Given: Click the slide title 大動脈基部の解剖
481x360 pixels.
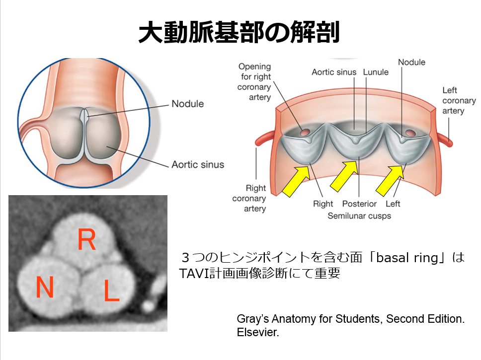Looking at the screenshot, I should point(239,32).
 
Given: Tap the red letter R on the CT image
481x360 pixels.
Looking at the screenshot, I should point(87,241).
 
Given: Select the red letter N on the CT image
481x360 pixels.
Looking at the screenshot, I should point(44,288).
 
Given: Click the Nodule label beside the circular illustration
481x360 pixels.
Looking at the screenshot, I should point(187,104).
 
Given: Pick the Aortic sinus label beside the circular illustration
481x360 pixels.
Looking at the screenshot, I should point(198,164).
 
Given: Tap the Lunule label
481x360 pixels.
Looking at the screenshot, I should point(376,72).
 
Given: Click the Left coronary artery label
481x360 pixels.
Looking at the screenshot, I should point(459,100).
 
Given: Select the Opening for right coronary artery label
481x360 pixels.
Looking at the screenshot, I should point(255,81).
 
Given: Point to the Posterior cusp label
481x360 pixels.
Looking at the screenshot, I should point(359,204).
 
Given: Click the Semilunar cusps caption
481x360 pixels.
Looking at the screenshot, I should point(359,216).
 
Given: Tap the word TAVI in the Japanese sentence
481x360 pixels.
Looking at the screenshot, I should point(195,273).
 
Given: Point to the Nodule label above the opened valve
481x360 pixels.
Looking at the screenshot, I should point(411,62).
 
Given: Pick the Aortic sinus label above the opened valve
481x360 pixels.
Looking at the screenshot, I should point(334,72).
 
